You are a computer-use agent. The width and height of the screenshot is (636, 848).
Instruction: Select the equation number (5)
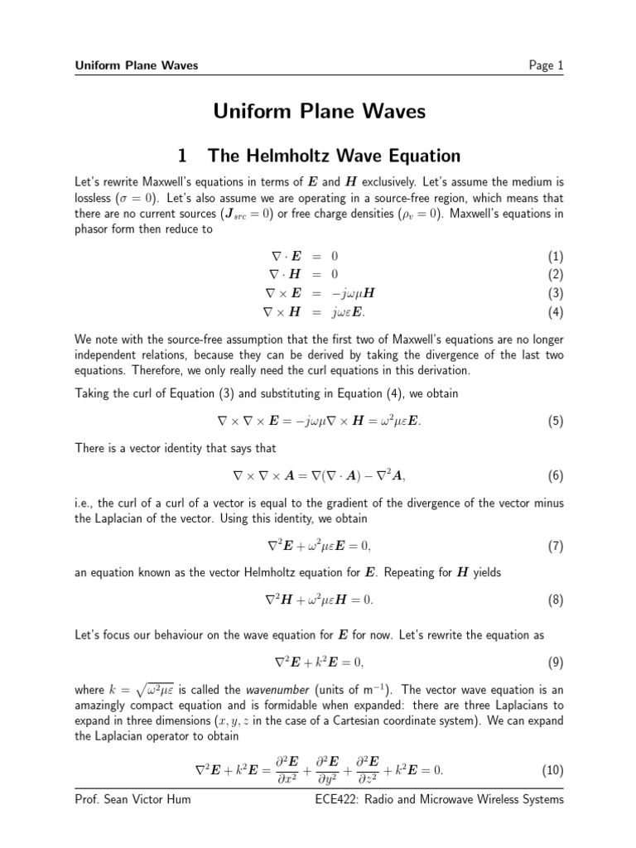click(x=555, y=422)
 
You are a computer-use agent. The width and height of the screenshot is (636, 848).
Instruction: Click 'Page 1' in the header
click(x=546, y=65)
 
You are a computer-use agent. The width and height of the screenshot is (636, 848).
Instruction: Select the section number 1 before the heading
click(x=183, y=155)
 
